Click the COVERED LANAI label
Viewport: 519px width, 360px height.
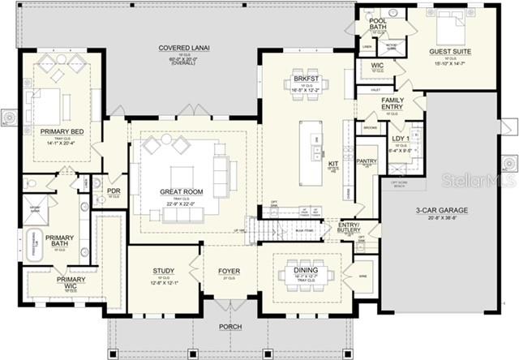(x=184, y=49)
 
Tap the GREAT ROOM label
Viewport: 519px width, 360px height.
(x=181, y=191)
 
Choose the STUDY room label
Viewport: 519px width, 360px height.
(x=165, y=271)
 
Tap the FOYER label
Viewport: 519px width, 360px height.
(x=229, y=271)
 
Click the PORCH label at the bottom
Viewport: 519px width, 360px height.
(x=229, y=328)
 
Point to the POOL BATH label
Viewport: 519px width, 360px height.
(x=378, y=24)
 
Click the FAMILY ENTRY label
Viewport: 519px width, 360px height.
(x=392, y=103)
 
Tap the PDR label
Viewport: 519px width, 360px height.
(x=114, y=192)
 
